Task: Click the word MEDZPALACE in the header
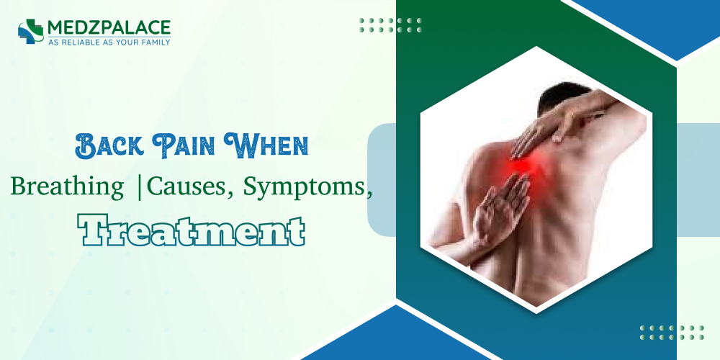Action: [109, 27]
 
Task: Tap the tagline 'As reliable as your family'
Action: [109, 42]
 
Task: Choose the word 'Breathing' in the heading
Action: [67, 186]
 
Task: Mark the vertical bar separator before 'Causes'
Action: [139, 186]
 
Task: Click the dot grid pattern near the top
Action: [391, 25]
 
